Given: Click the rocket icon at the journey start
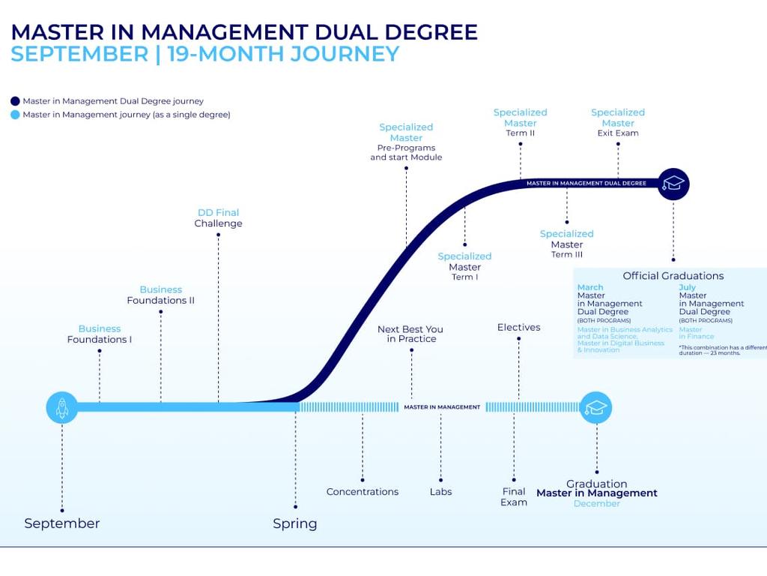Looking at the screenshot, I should pos(62,407).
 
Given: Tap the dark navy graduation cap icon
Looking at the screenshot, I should pos(673,184).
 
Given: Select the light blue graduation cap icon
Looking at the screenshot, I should pos(596,407).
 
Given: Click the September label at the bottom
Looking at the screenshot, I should pos(61,523).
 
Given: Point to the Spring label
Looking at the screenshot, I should pos(295,523).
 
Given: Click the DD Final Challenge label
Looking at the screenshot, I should pos(218,218).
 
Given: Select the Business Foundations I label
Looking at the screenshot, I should pos(100,334).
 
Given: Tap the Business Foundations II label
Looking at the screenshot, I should pos(161,295).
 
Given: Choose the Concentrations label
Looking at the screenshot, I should pos(363,492).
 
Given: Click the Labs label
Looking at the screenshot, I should pos(440,492).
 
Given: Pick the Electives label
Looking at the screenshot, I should pos(518,327).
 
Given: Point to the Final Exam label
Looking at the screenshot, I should pos(514,496).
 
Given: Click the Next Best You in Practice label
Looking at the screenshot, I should pos(410,334).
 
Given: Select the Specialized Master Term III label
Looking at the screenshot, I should pos(567,244).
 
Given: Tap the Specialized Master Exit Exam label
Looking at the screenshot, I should pos(618,123).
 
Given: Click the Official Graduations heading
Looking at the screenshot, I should pos(673,276).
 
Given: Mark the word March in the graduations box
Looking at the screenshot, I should pos(590,287).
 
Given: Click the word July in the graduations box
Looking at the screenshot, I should pos(688,287).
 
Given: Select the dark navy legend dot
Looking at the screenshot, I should pos(15,101).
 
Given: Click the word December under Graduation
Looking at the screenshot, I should pos(597,504).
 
